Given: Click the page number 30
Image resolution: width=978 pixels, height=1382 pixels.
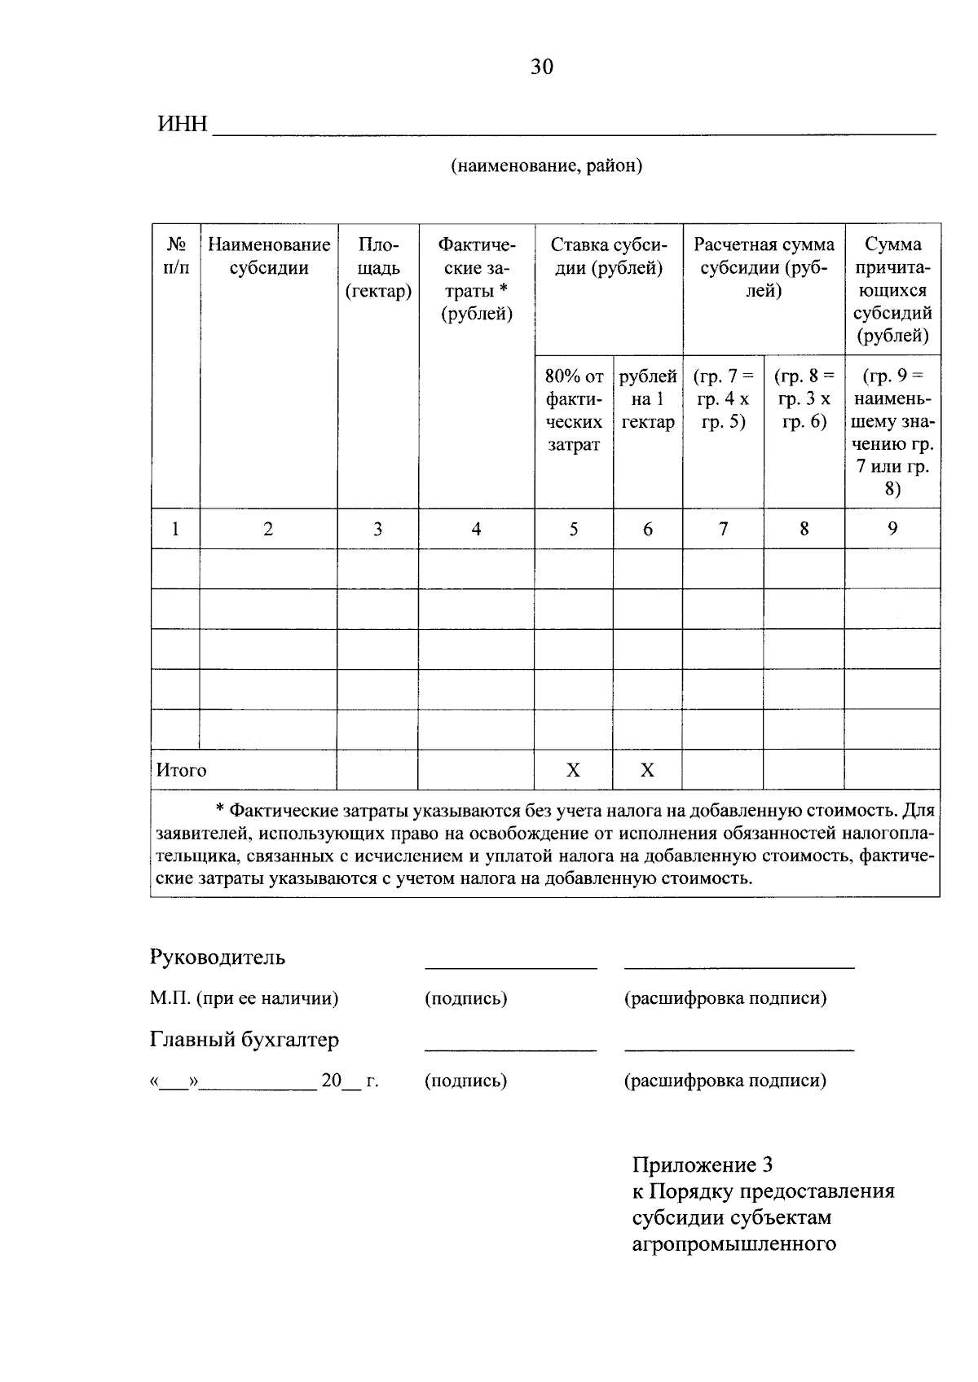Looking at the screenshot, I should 542,67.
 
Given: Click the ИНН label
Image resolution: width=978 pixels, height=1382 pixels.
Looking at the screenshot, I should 182,125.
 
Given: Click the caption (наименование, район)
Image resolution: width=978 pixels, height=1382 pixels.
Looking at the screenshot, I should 547,166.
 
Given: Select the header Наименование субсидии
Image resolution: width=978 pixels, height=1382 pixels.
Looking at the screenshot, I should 269,256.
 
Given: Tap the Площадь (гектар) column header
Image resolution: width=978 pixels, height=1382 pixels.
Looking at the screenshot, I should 378,267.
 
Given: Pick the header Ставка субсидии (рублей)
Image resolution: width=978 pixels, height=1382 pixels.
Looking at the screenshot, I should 609,256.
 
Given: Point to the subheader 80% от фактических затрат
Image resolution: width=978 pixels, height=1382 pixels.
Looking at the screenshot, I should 574,411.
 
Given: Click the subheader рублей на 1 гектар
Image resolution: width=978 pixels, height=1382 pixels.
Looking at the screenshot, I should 648,399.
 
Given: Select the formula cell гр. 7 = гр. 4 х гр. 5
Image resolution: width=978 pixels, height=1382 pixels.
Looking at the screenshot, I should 723,399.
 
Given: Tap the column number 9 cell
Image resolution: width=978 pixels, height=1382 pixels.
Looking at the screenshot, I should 892,529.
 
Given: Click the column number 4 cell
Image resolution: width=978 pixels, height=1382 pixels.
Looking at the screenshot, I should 476,529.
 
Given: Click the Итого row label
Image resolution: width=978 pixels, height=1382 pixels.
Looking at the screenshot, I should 181,770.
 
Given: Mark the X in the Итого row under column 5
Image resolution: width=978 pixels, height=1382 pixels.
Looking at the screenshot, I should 574,770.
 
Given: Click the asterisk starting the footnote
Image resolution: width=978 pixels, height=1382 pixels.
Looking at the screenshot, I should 219,811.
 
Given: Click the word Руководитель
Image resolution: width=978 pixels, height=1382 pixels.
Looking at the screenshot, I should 217,957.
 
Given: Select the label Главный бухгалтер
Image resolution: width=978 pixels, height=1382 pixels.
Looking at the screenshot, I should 244,1040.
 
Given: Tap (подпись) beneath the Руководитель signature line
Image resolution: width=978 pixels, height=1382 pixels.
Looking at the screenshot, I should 465,998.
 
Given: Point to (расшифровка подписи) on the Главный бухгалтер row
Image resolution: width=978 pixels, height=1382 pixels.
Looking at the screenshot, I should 725,1081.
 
